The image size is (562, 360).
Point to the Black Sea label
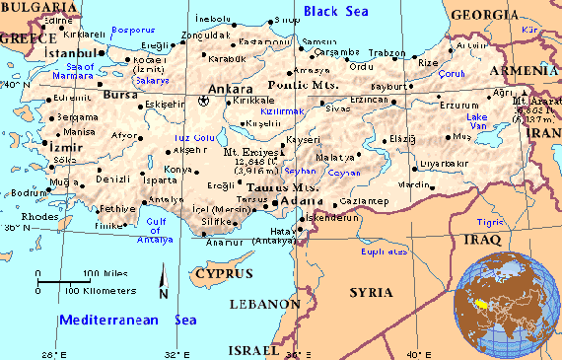[x=334, y=10]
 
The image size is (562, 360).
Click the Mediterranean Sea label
[x=127, y=320]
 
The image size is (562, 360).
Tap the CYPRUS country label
[x=222, y=272]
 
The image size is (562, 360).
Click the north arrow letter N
[x=163, y=290]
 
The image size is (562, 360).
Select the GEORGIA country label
[x=485, y=14]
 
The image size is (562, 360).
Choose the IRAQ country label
[x=481, y=239]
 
